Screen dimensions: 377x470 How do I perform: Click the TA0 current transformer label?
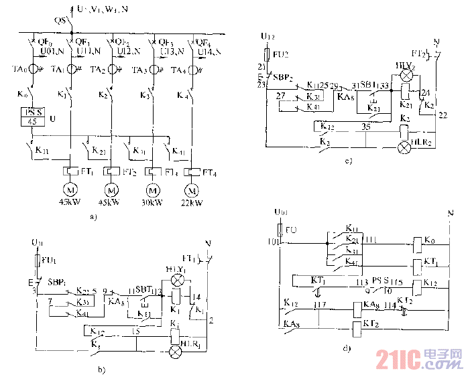[x=21, y=70]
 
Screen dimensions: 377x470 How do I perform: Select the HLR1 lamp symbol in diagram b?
[x=176, y=351]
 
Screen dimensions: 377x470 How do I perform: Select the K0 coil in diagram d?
[x=418, y=242]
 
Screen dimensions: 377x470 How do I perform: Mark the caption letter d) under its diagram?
[x=346, y=348]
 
